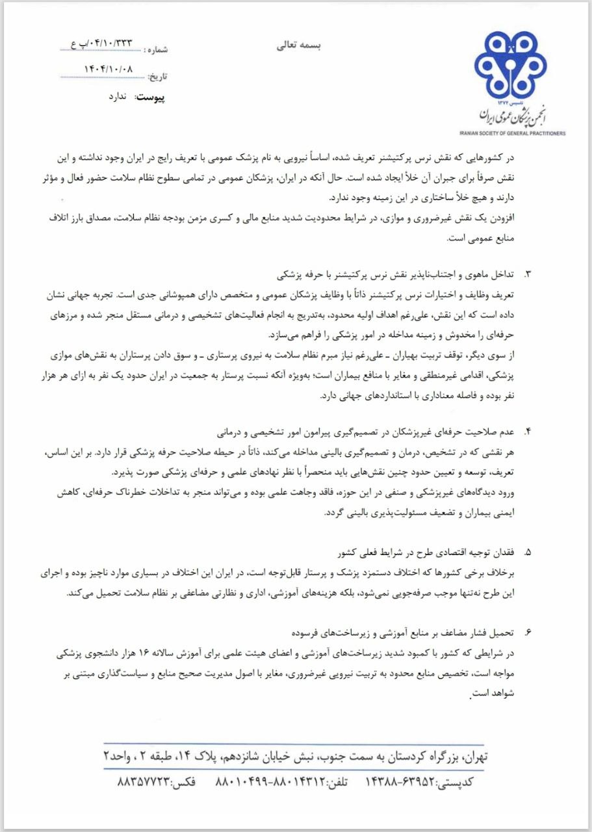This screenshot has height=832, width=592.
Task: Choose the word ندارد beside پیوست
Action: coord(120,97)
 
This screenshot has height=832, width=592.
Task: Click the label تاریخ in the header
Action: coord(157,77)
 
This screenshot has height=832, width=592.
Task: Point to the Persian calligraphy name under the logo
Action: coord(514,115)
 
